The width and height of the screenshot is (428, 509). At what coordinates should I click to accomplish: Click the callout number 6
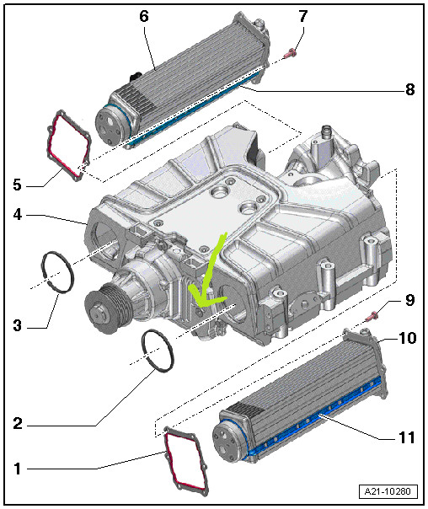(144, 16)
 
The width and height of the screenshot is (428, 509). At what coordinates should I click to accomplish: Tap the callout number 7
(302, 16)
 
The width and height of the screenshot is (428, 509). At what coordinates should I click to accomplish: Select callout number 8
(409, 89)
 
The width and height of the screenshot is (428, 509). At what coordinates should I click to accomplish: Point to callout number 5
(18, 185)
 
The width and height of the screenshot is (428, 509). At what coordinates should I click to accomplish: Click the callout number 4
(18, 214)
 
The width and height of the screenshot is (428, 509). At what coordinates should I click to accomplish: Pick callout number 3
(18, 325)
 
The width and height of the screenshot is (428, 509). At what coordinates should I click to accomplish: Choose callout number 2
(18, 424)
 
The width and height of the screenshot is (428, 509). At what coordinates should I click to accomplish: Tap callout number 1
(18, 469)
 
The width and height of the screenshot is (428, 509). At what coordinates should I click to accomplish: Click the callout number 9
(409, 300)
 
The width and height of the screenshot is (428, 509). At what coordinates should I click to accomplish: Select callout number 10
(407, 338)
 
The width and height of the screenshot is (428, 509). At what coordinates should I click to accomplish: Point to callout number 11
(407, 437)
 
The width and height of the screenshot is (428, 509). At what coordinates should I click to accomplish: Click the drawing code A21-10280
(388, 491)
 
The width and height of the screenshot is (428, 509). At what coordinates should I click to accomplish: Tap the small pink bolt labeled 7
(290, 54)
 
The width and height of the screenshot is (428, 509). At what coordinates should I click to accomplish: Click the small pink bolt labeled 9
(372, 315)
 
